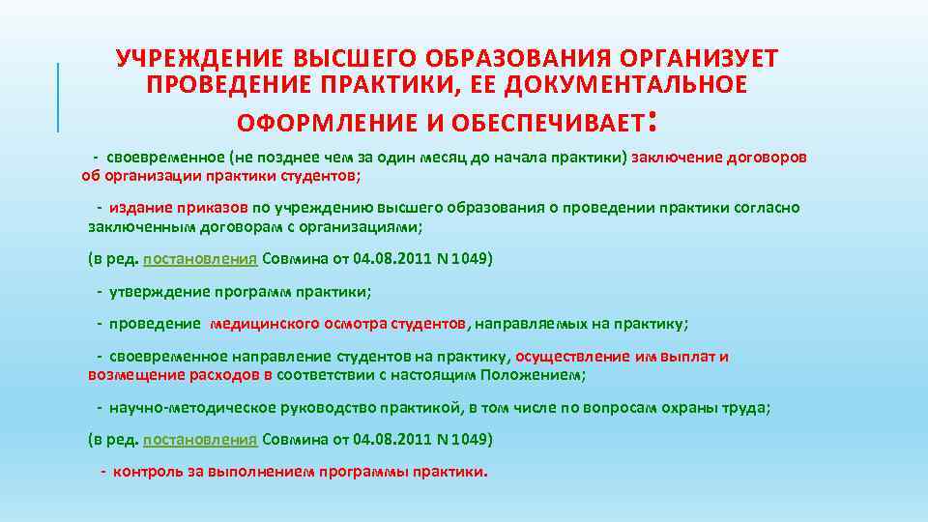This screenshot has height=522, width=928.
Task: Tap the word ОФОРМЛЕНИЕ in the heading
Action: coord(319,123)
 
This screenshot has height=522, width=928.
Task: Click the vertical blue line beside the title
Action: coord(58,96)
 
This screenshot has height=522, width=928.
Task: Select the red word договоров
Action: coord(763,157)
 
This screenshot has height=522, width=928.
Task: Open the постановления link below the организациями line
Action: coord(200,259)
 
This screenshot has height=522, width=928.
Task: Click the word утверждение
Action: coord(160,291)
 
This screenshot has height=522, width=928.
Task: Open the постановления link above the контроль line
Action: coord(200,440)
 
